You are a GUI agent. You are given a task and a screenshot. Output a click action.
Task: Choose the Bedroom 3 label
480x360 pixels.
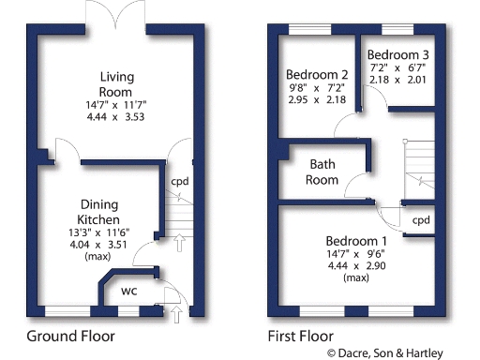pos(398,53)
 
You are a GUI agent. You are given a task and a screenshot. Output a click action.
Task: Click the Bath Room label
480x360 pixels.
pos(323,172)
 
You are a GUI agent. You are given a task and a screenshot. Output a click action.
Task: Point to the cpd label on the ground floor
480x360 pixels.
pos(179,182)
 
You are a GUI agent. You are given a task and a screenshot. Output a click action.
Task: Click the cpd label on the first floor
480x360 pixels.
pos(421,219)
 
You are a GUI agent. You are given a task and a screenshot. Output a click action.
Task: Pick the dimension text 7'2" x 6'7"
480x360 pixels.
pos(398,67)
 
